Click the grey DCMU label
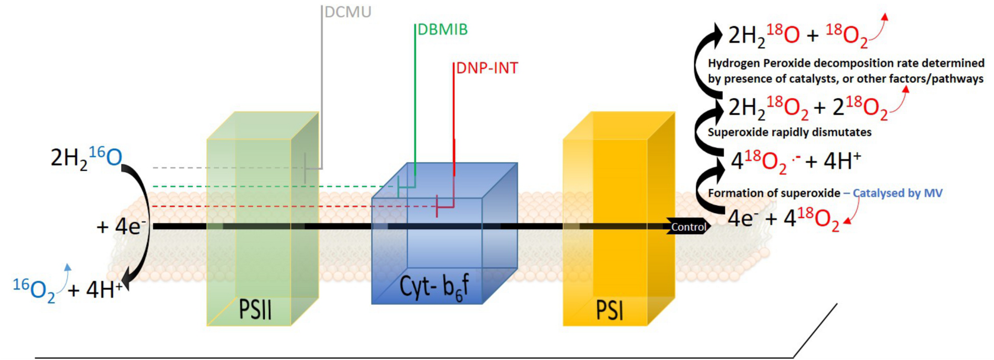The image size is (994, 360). pos(348,12)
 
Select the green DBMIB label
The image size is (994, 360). pos(443,30)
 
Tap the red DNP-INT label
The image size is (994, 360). pos(487,68)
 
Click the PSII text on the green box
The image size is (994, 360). pos(255,309)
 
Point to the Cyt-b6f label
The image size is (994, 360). pos(434,286)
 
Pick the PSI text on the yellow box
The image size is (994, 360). pos(610,311)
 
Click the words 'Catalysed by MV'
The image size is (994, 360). pos(897,193)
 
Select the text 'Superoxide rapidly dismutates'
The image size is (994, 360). pos(789,132)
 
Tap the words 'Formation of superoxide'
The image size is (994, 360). pos(774,193)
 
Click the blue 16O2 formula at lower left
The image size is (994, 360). pos(34,290)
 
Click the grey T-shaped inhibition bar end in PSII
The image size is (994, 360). pos(305,168)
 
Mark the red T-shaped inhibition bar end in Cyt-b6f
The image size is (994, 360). pos(437,206)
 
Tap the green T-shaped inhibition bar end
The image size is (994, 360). pos(398,187)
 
